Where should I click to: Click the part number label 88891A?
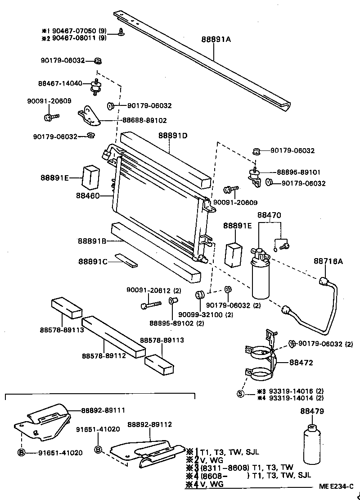pyautogui.click(x=216, y=40)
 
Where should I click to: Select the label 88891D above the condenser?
pyautogui.click(x=172, y=135)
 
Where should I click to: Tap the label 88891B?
pyautogui.click(x=91, y=241)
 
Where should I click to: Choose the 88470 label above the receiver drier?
pyautogui.click(x=269, y=215)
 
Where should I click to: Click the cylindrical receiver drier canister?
pyautogui.click(x=260, y=279)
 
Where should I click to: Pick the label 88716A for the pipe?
pyautogui.click(x=328, y=261)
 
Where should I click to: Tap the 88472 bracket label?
pyautogui.click(x=301, y=362)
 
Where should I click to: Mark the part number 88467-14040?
pyautogui.click(x=60, y=83)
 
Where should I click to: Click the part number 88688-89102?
pyautogui.click(x=144, y=120)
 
